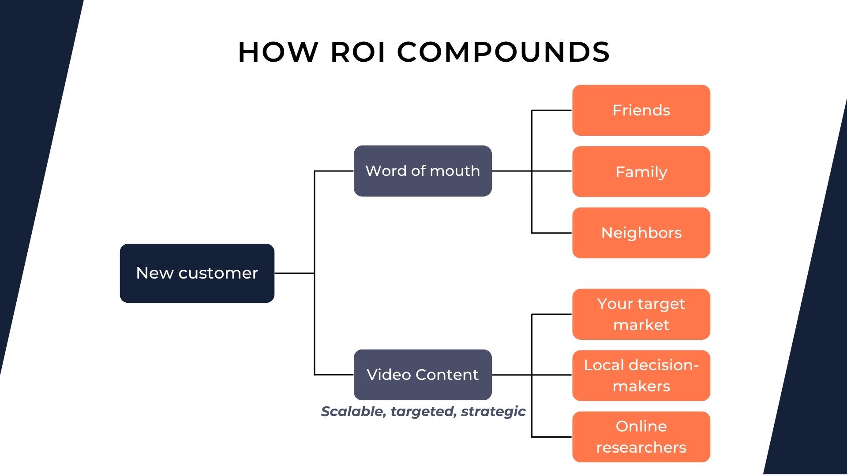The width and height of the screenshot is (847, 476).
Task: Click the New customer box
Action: tap(197, 273)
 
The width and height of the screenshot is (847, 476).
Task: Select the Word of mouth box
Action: tap(422, 171)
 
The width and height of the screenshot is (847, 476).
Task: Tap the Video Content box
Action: tap(422, 375)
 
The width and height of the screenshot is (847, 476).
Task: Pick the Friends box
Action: tap(641, 110)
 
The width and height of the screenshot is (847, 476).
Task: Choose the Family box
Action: tap(641, 171)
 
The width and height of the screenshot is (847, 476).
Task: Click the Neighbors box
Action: tap(641, 233)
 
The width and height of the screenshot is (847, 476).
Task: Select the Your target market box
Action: tap(641, 314)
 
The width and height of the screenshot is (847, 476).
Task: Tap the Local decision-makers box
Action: tap(641, 376)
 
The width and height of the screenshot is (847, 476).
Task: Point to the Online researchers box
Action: tap(641, 437)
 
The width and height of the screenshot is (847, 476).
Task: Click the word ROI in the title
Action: tap(358, 52)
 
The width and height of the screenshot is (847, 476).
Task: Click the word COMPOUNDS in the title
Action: tap(503, 52)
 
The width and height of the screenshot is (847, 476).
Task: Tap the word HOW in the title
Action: tap(278, 52)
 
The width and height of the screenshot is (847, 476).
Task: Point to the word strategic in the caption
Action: tap(493, 411)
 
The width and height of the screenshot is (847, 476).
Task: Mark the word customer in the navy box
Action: tap(218, 273)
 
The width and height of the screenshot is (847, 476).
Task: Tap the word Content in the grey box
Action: tap(447, 375)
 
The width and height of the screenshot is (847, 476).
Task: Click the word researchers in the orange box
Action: tap(641, 447)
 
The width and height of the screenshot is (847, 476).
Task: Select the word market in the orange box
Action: tap(641, 325)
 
